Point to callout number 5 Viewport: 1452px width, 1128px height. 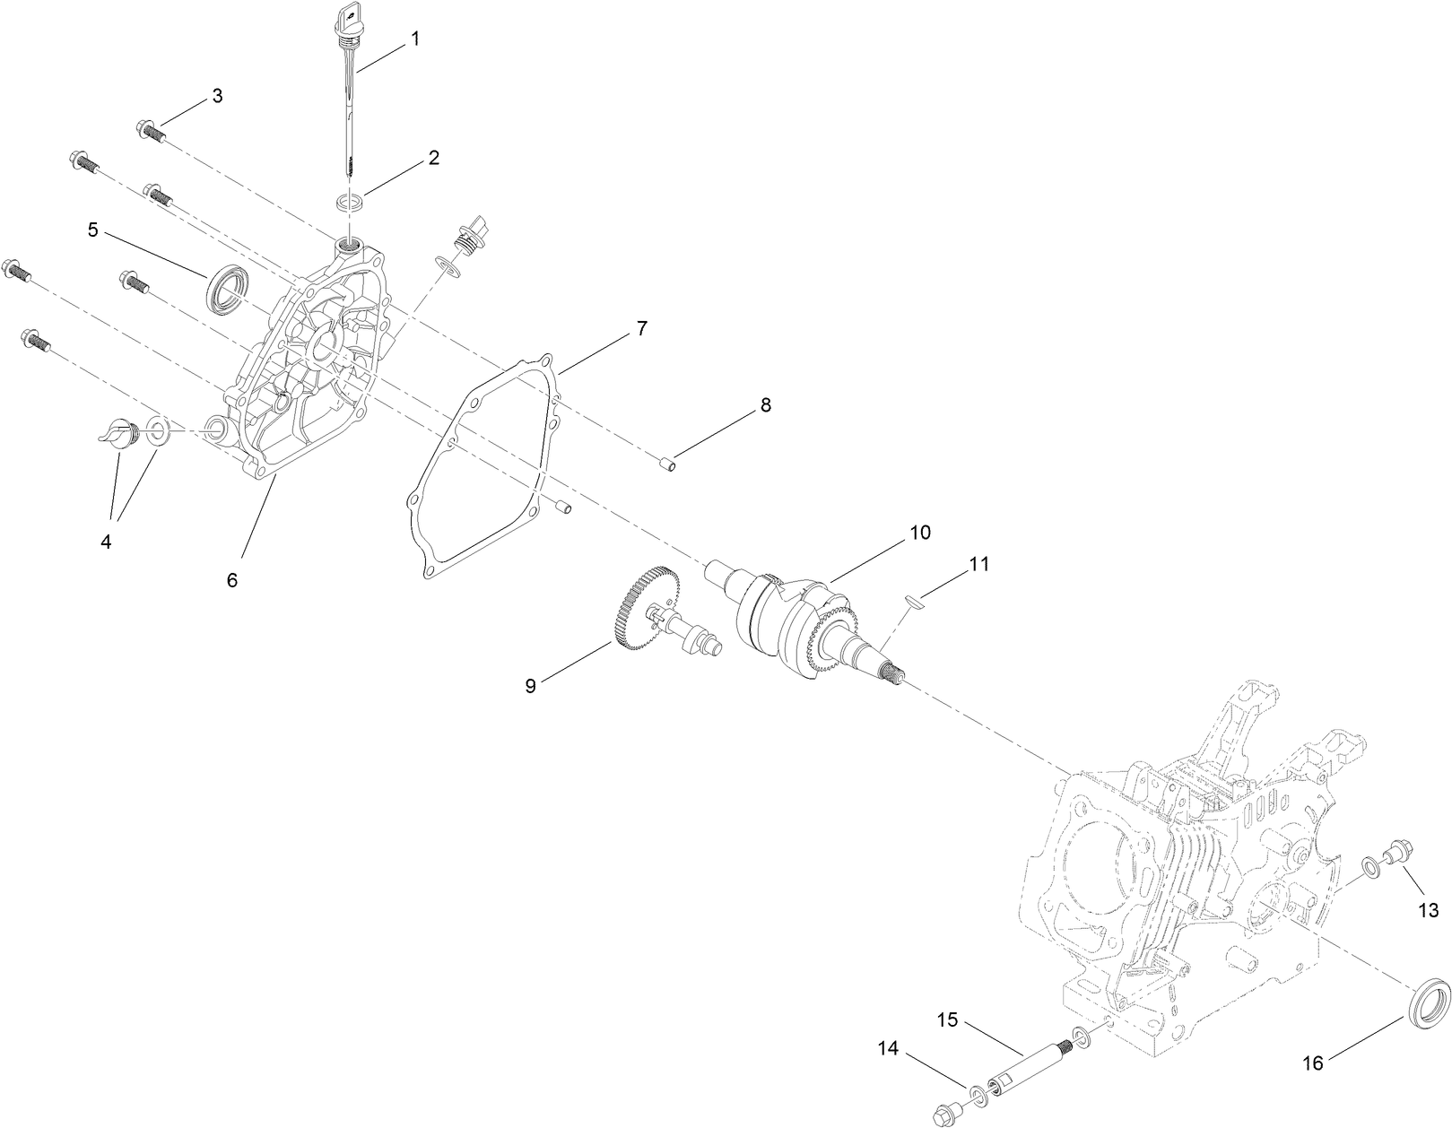93,230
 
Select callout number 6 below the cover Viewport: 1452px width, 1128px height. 232,580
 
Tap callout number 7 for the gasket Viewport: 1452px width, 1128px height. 641,328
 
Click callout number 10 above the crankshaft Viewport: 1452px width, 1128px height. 920,533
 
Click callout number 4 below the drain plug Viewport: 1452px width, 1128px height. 107,542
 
